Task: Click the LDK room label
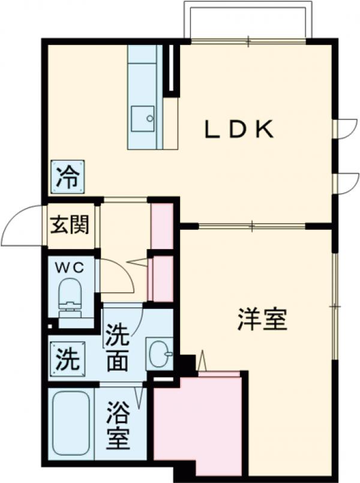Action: [x=240, y=128]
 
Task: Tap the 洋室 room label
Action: [x=262, y=320]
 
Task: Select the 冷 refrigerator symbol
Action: [x=67, y=178]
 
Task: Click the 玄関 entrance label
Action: [x=70, y=225]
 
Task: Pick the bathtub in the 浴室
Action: [x=71, y=422]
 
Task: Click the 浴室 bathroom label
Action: [x=118, y=427]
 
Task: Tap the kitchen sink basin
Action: [x=142, y=118]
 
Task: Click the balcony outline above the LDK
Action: [x=248, y=21]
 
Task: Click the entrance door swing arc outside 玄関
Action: [x=21, y=227]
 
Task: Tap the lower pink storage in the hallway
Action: [x=161, y=279]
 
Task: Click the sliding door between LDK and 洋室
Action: [x=252, y=226]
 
